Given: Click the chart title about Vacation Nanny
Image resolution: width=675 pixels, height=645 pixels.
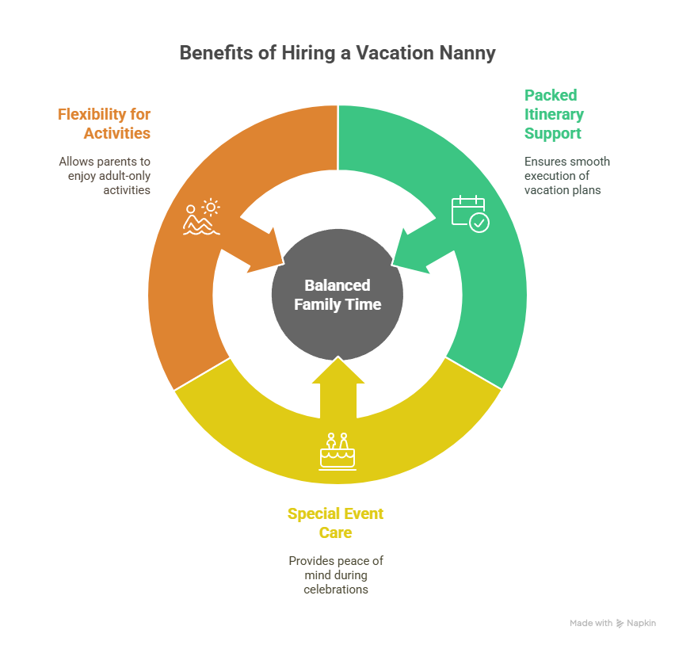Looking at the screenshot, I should (337, 53).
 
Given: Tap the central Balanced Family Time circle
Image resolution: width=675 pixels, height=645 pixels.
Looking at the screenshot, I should (337, 294).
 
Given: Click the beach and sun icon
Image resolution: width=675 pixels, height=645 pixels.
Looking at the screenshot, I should (201, 217).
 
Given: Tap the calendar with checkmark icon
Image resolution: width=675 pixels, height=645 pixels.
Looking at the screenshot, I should (470, 213).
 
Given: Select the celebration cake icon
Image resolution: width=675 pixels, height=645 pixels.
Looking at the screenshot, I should (337, 452).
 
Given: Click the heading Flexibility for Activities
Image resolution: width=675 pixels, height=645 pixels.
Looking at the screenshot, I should (104, 123).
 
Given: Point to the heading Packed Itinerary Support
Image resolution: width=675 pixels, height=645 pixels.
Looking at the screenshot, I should (554, 114).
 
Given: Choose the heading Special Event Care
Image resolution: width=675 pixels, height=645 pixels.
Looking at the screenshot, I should (335, 523).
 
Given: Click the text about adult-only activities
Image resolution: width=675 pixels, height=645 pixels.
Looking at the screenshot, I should (105, 175).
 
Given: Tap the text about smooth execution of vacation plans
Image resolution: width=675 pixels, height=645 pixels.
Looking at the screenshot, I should (566, 175).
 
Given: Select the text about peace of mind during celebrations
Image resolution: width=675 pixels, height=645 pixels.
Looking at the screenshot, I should (336, 574).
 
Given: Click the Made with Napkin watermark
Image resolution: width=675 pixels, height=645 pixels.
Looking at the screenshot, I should (612, 624).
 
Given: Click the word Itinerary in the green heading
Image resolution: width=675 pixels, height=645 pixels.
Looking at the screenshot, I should (554, 114).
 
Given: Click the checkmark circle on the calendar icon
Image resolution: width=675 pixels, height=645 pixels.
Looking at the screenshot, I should (479, 223).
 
